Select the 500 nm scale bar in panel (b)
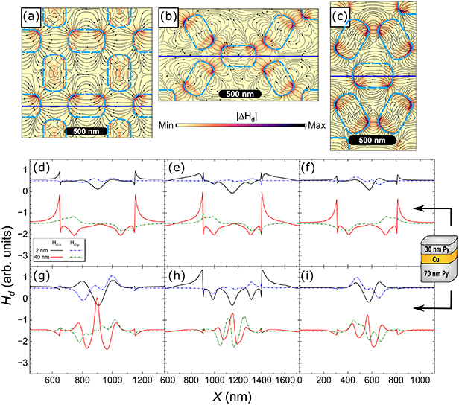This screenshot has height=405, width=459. [x=243, y=95]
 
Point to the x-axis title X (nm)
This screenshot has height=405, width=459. [x=229, y=397]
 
